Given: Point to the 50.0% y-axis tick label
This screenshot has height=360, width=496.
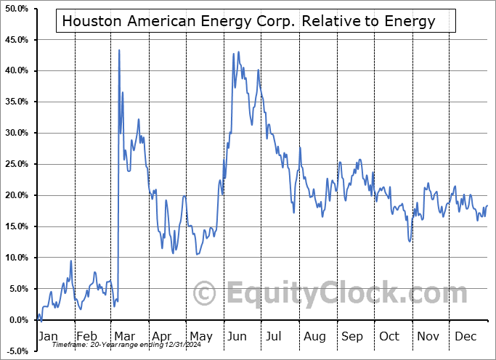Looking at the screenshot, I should click(15, 8).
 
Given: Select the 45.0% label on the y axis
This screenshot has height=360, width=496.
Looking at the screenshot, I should click(15, 39).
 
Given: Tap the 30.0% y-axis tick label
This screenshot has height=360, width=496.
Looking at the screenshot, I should click(15, 133).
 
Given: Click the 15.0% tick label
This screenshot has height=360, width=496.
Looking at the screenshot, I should click(15, 226).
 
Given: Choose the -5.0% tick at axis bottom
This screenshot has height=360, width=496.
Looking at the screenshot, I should click(15, 351).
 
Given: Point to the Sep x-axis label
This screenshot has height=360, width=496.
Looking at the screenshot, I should click(352, 336).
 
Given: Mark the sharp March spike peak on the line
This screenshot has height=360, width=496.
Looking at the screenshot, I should click(119, 50).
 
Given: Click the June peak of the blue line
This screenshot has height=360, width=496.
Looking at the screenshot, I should click(238, 52).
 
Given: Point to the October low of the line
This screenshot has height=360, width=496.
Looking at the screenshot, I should click(410, 241).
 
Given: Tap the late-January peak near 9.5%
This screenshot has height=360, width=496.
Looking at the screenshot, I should click(70, 261).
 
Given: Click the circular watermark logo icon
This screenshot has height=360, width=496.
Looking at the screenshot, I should click(206, 294).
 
